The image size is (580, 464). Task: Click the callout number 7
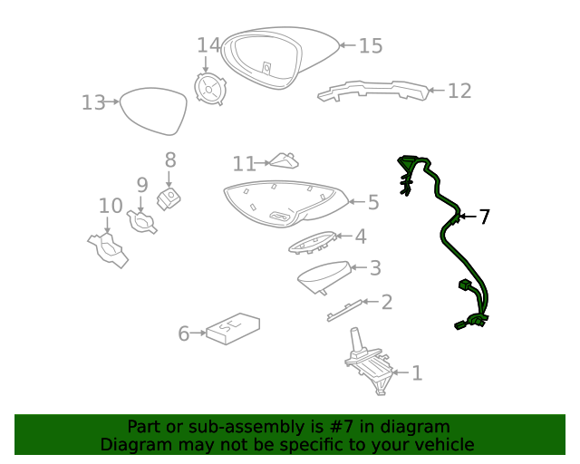tap(485, 217)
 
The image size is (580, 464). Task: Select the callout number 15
tap(371, 45)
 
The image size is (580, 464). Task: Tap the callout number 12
tap(459, 91)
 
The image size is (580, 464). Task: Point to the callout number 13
tap(93, 102)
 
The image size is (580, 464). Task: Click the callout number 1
tap(417, 372)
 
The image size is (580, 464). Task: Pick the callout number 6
tap(184, 333)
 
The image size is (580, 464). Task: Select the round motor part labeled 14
tap(212, 90)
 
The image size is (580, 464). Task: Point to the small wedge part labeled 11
tap(286, 161)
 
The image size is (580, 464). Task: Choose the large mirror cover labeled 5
tap(285, 205)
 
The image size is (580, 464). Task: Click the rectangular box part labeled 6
tap(233, 328)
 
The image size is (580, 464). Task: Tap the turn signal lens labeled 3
tap(324, 275)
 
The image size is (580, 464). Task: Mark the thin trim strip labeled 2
tap(345, 310)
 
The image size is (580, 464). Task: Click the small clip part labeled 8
tap(168, 198)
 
